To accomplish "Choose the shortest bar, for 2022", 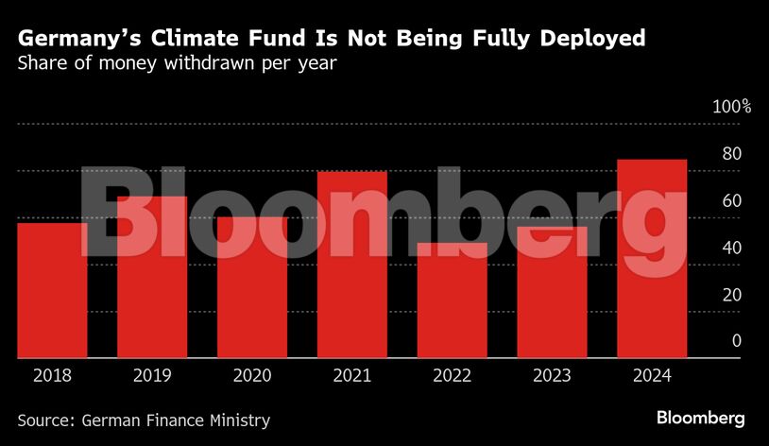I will [x=453, y=301].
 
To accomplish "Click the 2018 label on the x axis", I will [x=52, y=376].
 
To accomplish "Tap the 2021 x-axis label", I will [x=352, y=376].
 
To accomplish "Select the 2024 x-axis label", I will [x=652, y=376].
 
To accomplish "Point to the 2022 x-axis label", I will [x=453, y=376].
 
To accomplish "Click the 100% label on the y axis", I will [x=731, y=107].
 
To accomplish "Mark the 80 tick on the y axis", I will [x=732, y=154].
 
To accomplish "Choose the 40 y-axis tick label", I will [x=732, y=248].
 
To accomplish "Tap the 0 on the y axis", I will [x=737, y=341].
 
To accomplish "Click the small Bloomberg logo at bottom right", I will [x=701, y=418].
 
